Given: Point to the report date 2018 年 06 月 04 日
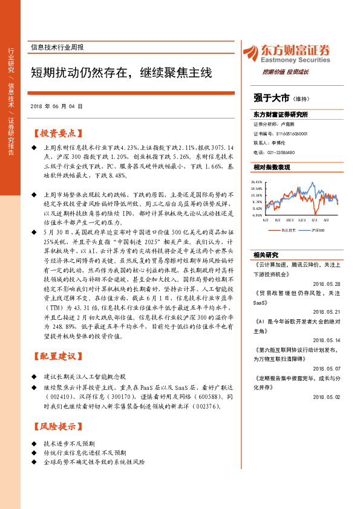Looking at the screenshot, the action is [x=56, y=106].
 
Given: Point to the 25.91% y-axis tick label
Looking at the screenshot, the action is [x=257, y=182].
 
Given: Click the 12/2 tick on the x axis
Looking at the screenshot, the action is [x=303, y=220].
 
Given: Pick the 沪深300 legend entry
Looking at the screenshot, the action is [x=318, y=230].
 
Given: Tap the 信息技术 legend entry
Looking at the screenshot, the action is [x=288, y=230].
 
